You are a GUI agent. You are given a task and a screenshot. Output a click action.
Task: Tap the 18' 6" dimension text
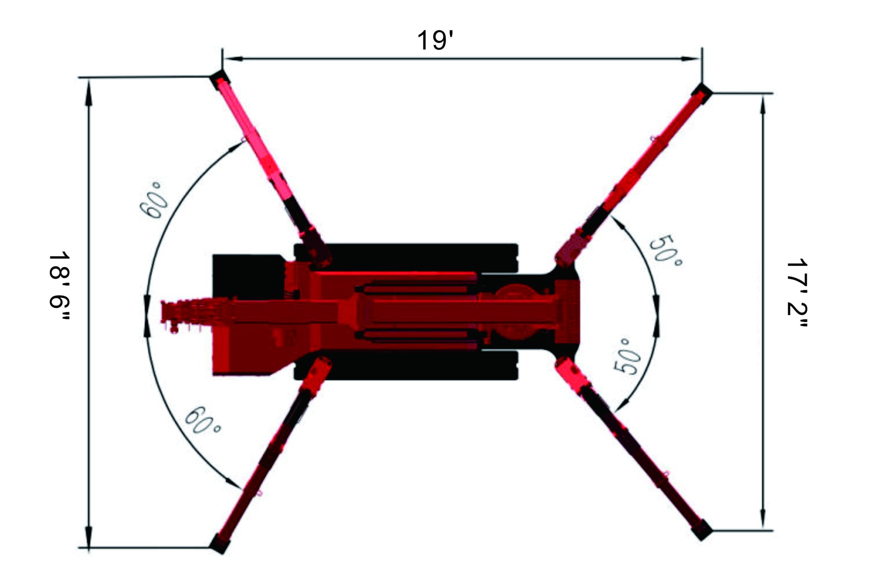point(60,285)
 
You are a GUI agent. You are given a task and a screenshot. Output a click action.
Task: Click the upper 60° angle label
point(152,200)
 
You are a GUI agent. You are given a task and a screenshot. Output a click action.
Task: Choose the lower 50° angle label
point(628,357)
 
